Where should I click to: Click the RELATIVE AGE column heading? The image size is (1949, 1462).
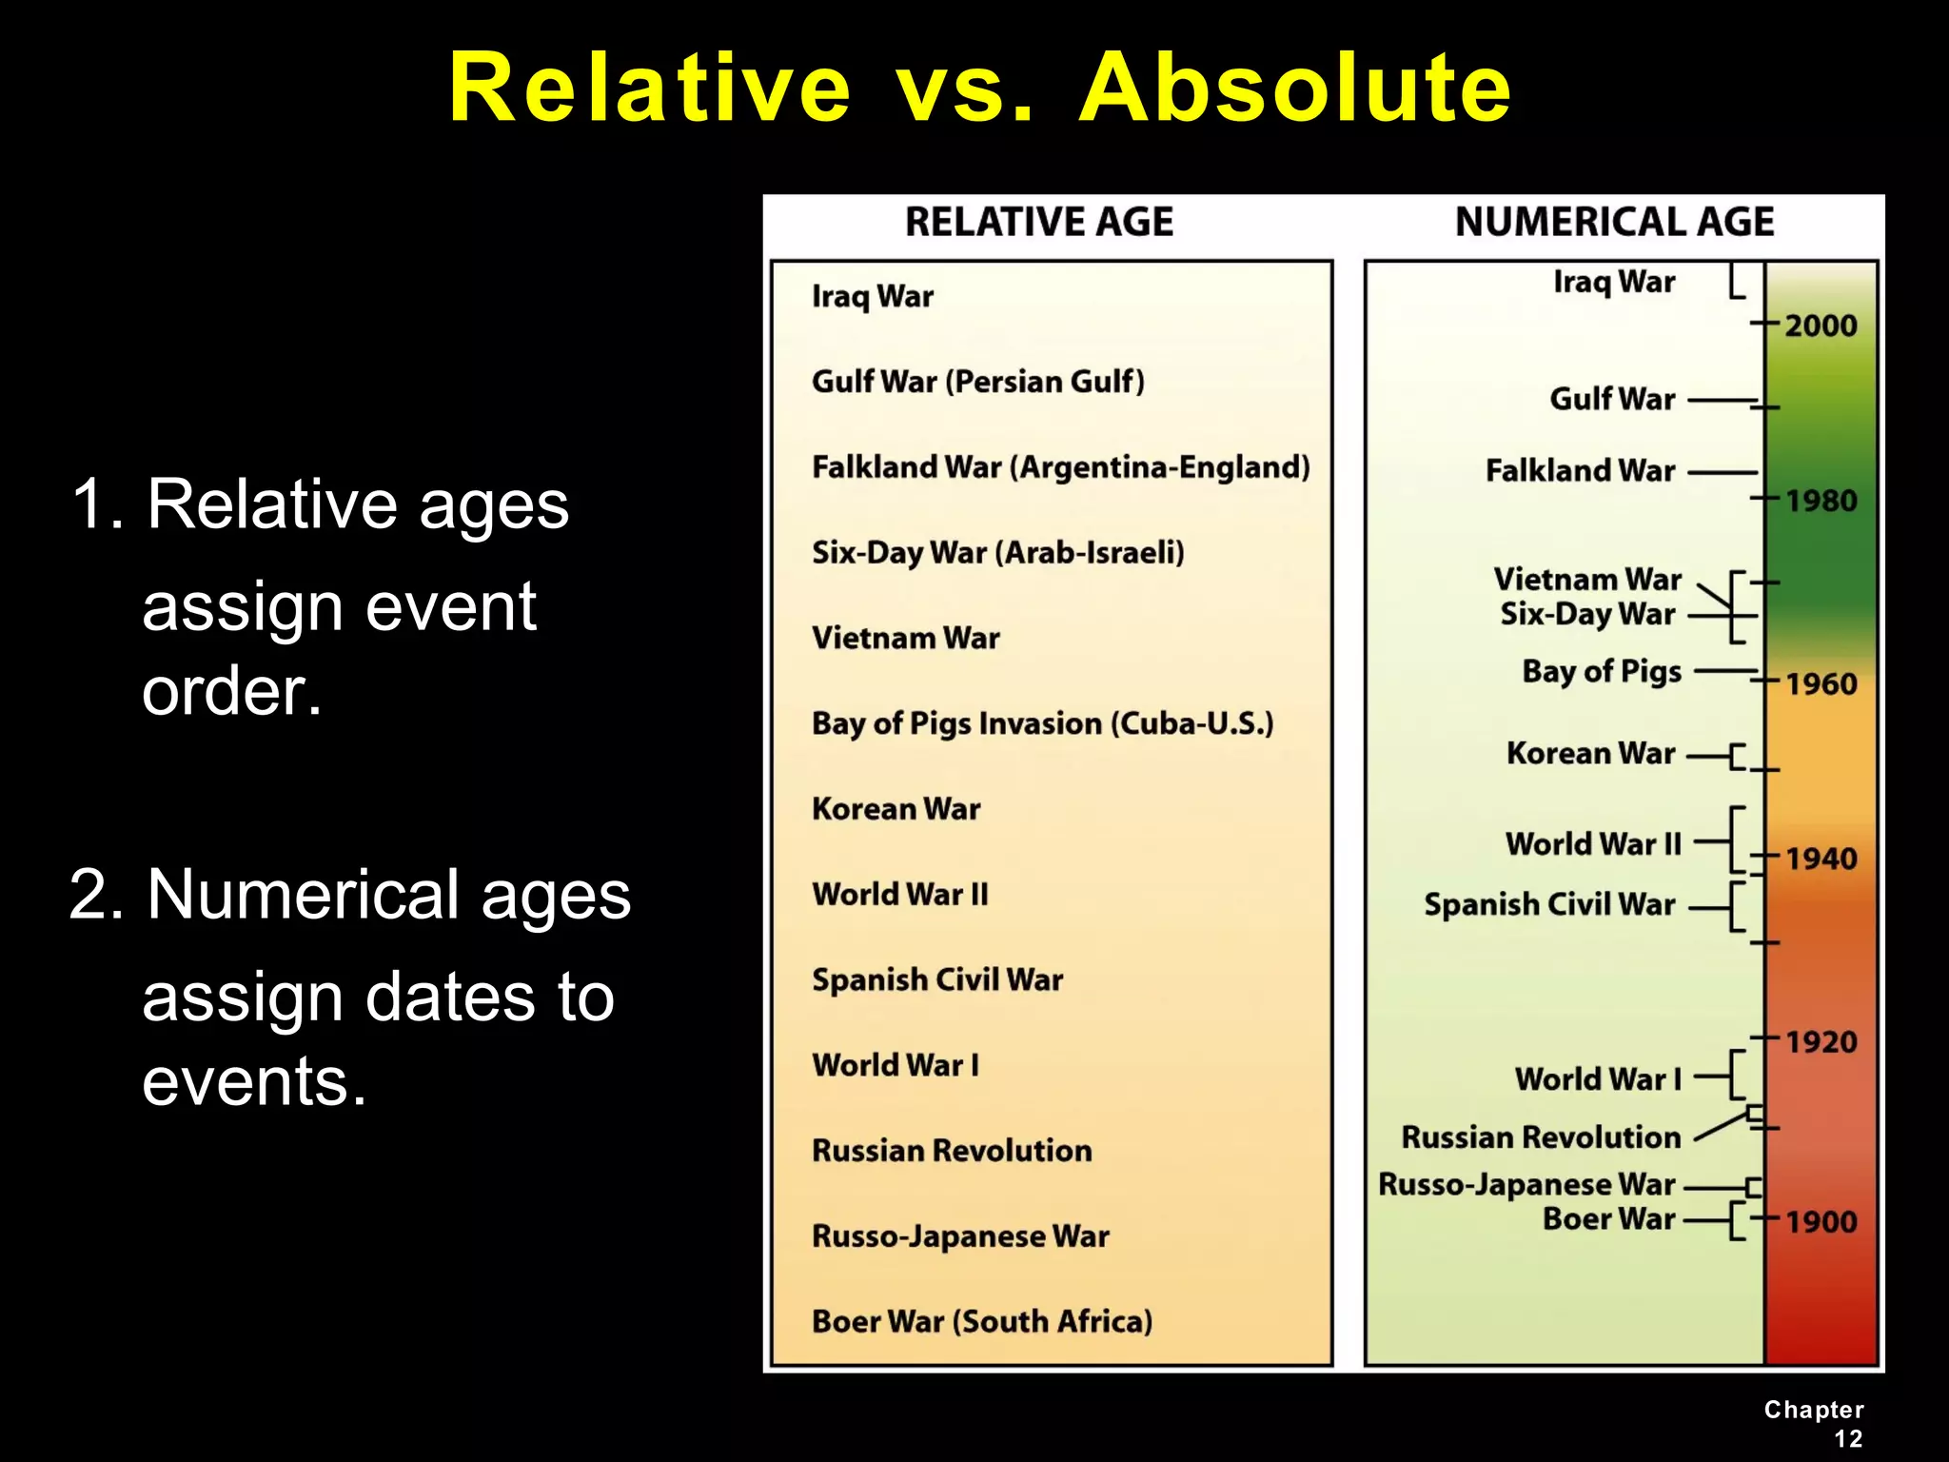(x=1038, y=222)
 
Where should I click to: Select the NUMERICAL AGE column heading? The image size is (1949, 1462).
(x=1614, y=222)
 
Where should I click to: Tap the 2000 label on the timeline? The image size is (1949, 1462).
(x=1820, y=326)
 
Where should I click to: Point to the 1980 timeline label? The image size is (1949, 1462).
(x=1820, y=501)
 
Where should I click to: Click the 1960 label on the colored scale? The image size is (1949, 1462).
(x=1820, y=683)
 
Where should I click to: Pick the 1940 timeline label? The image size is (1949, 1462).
(x=1820, y=859)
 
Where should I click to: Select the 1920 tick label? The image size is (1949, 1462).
(x=1820, y=1041)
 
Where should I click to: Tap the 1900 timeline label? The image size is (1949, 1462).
(x=1820, y=1221)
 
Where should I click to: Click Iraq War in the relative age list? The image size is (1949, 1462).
(x=872, y=296)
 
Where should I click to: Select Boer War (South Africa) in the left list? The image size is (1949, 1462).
(x=981, y=1321)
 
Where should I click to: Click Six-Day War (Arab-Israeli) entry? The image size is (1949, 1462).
(x=997, y=552)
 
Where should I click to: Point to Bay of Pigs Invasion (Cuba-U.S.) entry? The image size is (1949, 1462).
(x=1042, y=723)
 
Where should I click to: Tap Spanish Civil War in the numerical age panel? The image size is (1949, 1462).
(x=1548, y=904)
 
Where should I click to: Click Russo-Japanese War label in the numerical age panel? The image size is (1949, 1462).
(x=1526, y=1184)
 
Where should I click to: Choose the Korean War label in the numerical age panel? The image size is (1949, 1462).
(x=1589, y=753)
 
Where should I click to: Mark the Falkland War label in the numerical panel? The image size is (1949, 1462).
(x=1580, y=470)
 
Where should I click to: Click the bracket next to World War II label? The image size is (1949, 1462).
(x=1736, y=840)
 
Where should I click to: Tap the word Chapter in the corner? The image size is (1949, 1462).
(x=1813, y=1410)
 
